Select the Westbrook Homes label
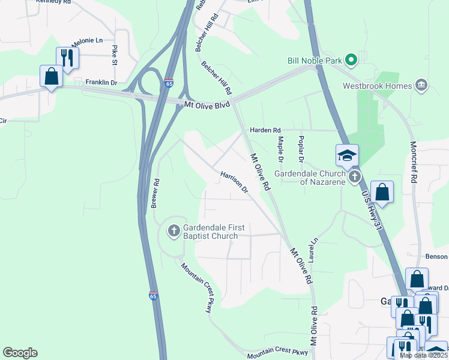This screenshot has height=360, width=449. point(377,86)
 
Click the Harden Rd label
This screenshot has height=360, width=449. point(265,130)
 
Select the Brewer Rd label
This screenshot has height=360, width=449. point(155,192)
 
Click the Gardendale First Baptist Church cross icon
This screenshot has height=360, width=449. point(173,230)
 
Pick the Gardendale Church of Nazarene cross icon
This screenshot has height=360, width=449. point(355,176)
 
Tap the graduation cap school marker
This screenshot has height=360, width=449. point(347,155)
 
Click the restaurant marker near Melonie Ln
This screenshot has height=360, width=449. point(67,58)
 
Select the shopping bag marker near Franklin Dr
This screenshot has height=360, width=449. point(51,76)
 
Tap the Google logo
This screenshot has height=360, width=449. point(20,353)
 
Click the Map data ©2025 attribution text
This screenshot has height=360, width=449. point(423,355)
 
